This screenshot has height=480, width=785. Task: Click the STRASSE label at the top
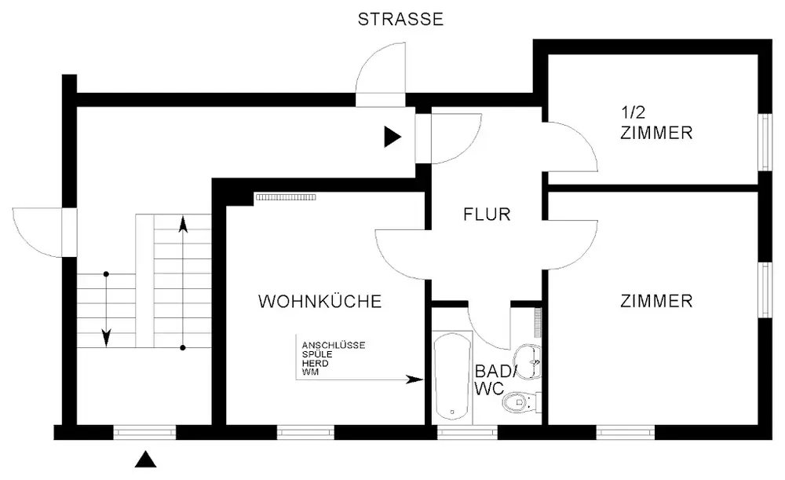(x=400, y=20)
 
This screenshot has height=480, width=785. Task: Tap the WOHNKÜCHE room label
(x=320, y=301)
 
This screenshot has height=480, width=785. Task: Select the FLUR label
(x=487, y=214)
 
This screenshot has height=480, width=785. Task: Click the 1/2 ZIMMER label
(x=655, y=123)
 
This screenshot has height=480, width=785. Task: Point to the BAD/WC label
(x=496, y=379)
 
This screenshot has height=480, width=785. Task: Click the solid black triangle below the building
(x=144, y=459)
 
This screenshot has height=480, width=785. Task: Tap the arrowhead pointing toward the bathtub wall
(x=414, y=379)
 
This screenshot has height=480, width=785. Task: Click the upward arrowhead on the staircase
(x=183, y=225)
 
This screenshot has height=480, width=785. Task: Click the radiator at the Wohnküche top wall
(x=285, y=197)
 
